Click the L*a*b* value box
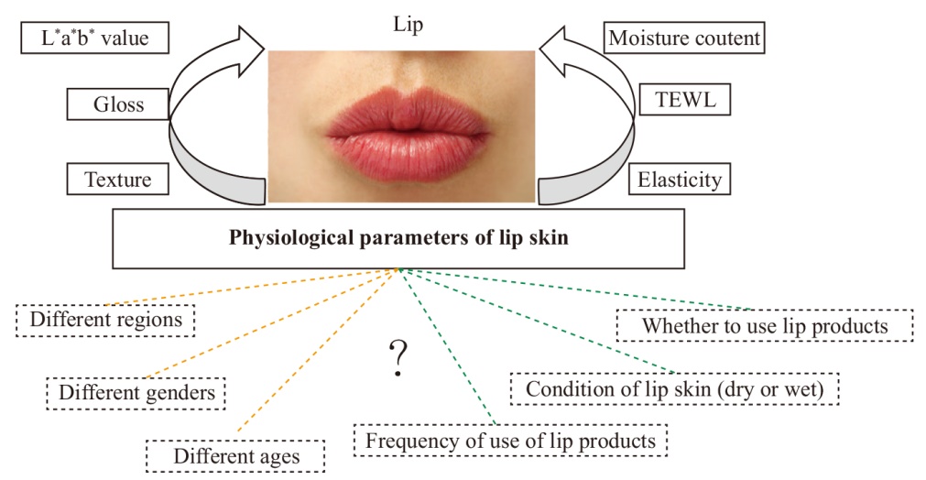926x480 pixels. [x=95, y=38]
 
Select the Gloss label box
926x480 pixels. [x=118, y=104]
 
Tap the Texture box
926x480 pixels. [x=117, y=180]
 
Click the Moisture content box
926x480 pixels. [x=684, y=38]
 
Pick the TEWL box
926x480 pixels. [x=685, y=100]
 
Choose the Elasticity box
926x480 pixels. [x=679, y=180]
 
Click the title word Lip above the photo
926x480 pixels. [x=409, y=25]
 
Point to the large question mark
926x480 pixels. [x=398, y=359]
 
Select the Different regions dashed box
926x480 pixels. [x=105, y=320]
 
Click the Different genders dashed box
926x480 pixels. [x=136, y=393]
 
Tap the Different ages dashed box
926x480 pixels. [x=235, y=456]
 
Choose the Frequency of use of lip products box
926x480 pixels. [x=510, y=441]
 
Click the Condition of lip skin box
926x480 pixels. [x=674, y=389]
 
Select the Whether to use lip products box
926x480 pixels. [x=765, y=326]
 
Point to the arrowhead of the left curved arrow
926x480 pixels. [x=250, y=50]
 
